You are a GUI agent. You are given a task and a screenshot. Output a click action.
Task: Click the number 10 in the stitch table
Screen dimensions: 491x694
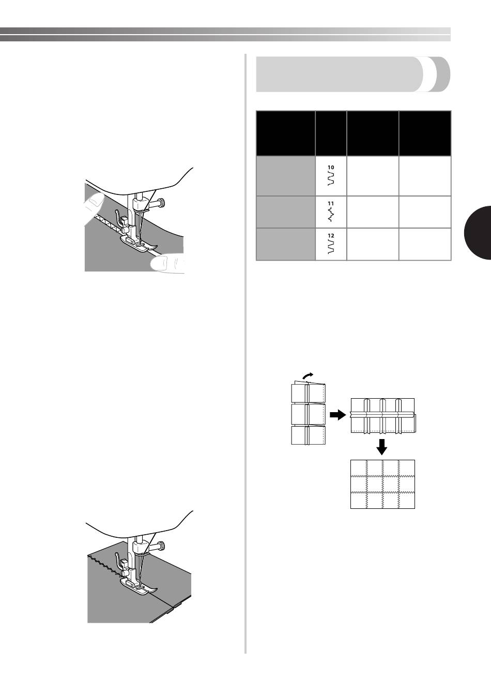point(331,168)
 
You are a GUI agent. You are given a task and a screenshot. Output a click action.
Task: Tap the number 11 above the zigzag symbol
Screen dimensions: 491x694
point(331,204)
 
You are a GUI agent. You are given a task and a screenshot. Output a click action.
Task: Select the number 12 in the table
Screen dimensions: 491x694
point(331,236)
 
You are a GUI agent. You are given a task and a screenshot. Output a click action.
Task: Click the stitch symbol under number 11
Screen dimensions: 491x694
point(331,215)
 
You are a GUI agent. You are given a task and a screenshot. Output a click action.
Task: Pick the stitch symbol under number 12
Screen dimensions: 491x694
point(331,247)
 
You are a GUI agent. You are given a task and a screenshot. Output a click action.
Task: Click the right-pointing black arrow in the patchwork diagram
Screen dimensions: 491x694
point(337,415)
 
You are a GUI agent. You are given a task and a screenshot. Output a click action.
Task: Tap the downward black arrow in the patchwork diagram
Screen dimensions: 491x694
point(382,447)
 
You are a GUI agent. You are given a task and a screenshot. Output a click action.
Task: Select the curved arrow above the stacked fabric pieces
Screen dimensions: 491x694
point(308,376)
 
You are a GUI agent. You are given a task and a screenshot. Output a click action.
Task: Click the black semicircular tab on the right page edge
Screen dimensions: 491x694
point(478,233)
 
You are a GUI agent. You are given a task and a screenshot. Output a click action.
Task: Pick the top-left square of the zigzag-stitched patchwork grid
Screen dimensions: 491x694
point(359,467)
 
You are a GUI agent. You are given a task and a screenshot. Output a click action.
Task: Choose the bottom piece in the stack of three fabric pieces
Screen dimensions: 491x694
point(309,435)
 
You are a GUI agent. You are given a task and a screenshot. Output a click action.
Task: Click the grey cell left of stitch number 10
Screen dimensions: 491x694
point(286,176)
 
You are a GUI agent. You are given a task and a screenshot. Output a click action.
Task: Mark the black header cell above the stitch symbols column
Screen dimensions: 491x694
point(331,133)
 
